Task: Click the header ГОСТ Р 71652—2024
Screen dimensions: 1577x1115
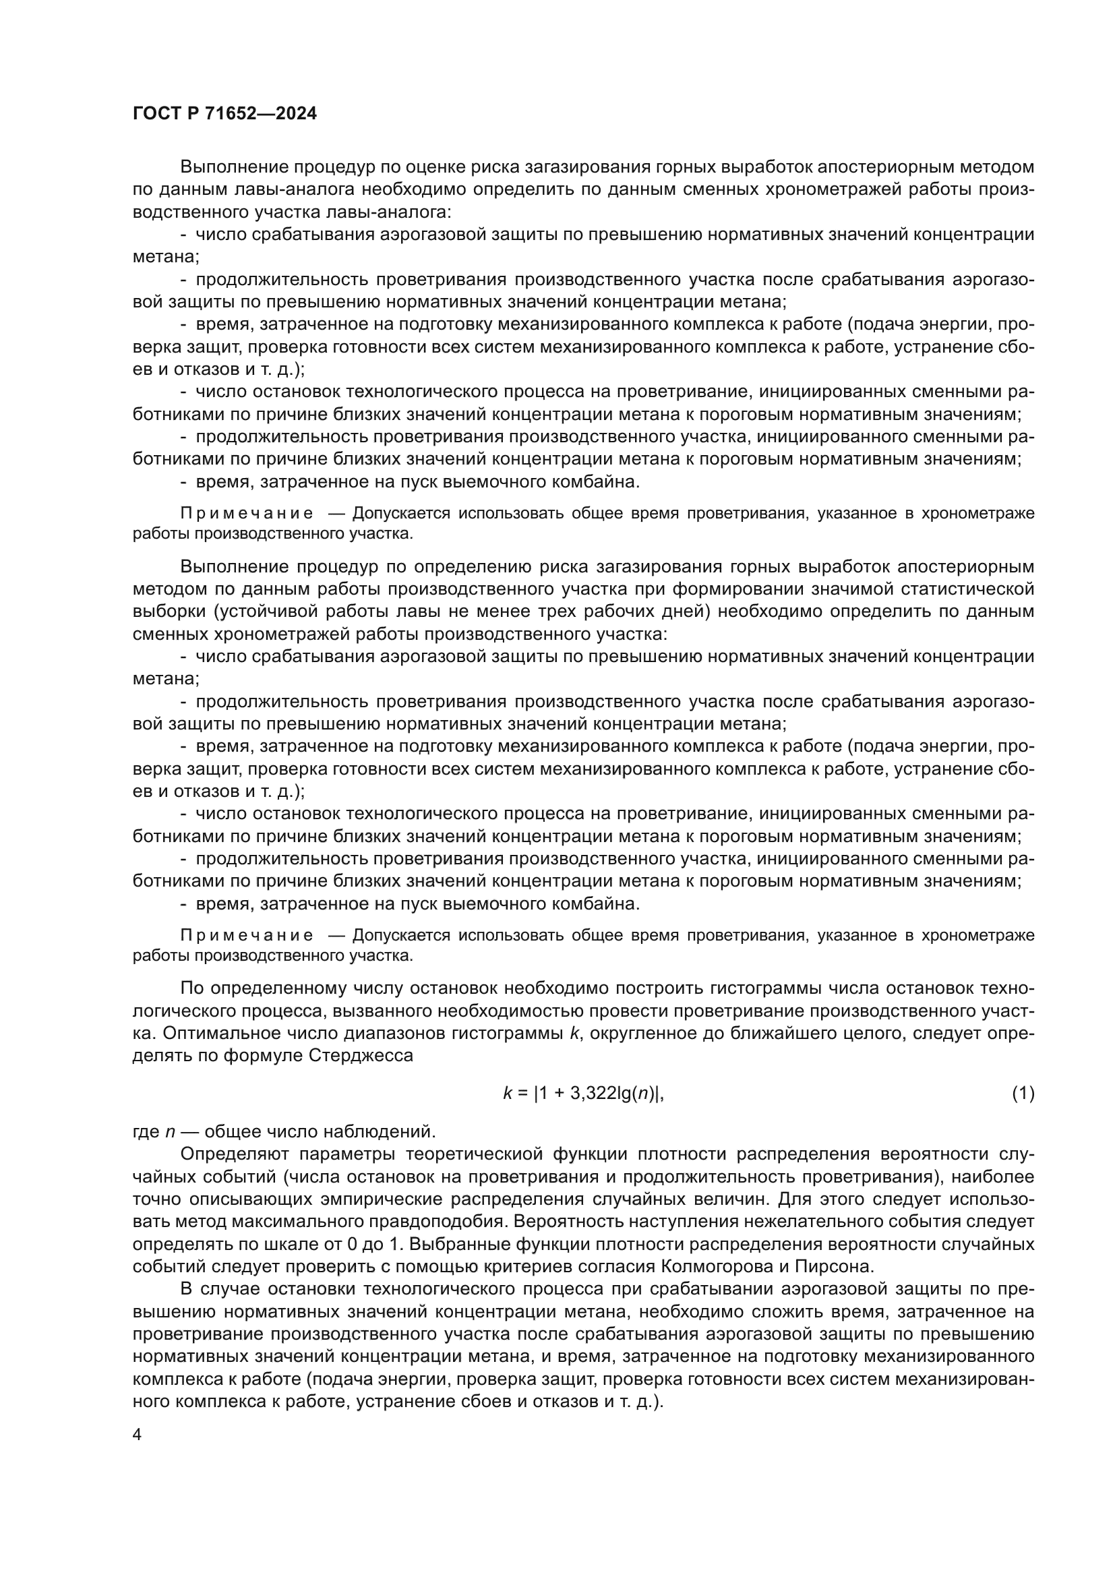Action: (x=224, y=114)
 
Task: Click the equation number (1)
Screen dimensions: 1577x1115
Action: (x=1023, y=1093)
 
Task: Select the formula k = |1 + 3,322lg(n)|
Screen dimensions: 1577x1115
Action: (x=583, y=1093)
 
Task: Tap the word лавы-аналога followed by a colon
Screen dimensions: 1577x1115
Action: (x=401, y=212)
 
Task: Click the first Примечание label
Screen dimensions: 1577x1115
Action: (x=247, y=514)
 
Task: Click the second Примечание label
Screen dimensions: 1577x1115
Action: (x=247, y=936)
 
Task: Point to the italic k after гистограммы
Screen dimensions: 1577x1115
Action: (x=574, y=1032)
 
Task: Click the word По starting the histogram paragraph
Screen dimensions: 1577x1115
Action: (x=192, y=988)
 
